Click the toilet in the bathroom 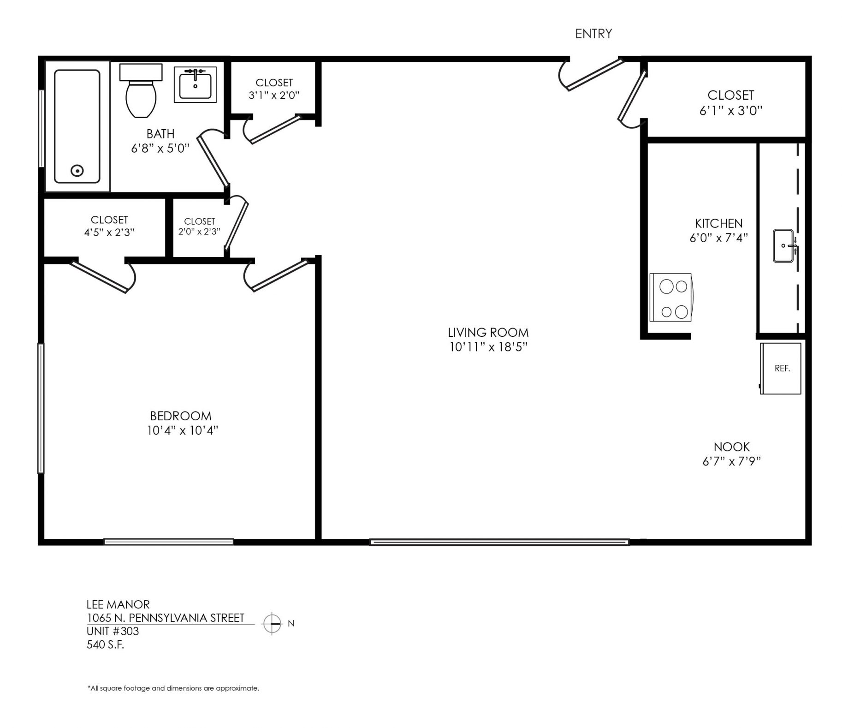coord(141,90)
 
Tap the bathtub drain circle coord(77,171)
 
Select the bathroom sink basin coord(195,85)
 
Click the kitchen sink coord(784,246)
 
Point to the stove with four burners coord(671,297)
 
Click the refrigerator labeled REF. coord(781,369)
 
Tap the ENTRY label coord(593,34)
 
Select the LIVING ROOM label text coord(488,332)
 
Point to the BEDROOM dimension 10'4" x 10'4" coord(182,430)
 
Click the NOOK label coord(732,447)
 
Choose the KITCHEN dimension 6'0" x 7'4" coord(718,238)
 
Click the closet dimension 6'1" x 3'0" coord(731,111)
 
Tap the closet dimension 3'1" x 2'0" coord(274,95)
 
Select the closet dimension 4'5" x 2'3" coord(109,232)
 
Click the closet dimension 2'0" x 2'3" coord(199,231)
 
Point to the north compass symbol coord(272,624)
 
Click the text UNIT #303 coord(113,631)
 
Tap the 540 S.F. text coord(106,644)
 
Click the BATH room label coord(160,134)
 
